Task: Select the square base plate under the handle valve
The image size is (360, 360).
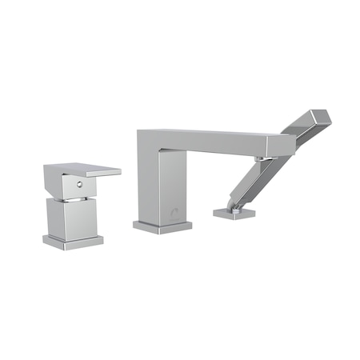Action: pyautogui.click(x=74, y=242)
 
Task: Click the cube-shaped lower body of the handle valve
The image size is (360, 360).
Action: pyautogui.click(x=73, y=218)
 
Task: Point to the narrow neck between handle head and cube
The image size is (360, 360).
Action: pyautogui.click(x=74, y=197)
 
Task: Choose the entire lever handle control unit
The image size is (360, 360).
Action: pyautogui.click(x=76, y=204)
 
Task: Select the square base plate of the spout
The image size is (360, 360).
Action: pyautogui.click(x=162, y=226)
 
